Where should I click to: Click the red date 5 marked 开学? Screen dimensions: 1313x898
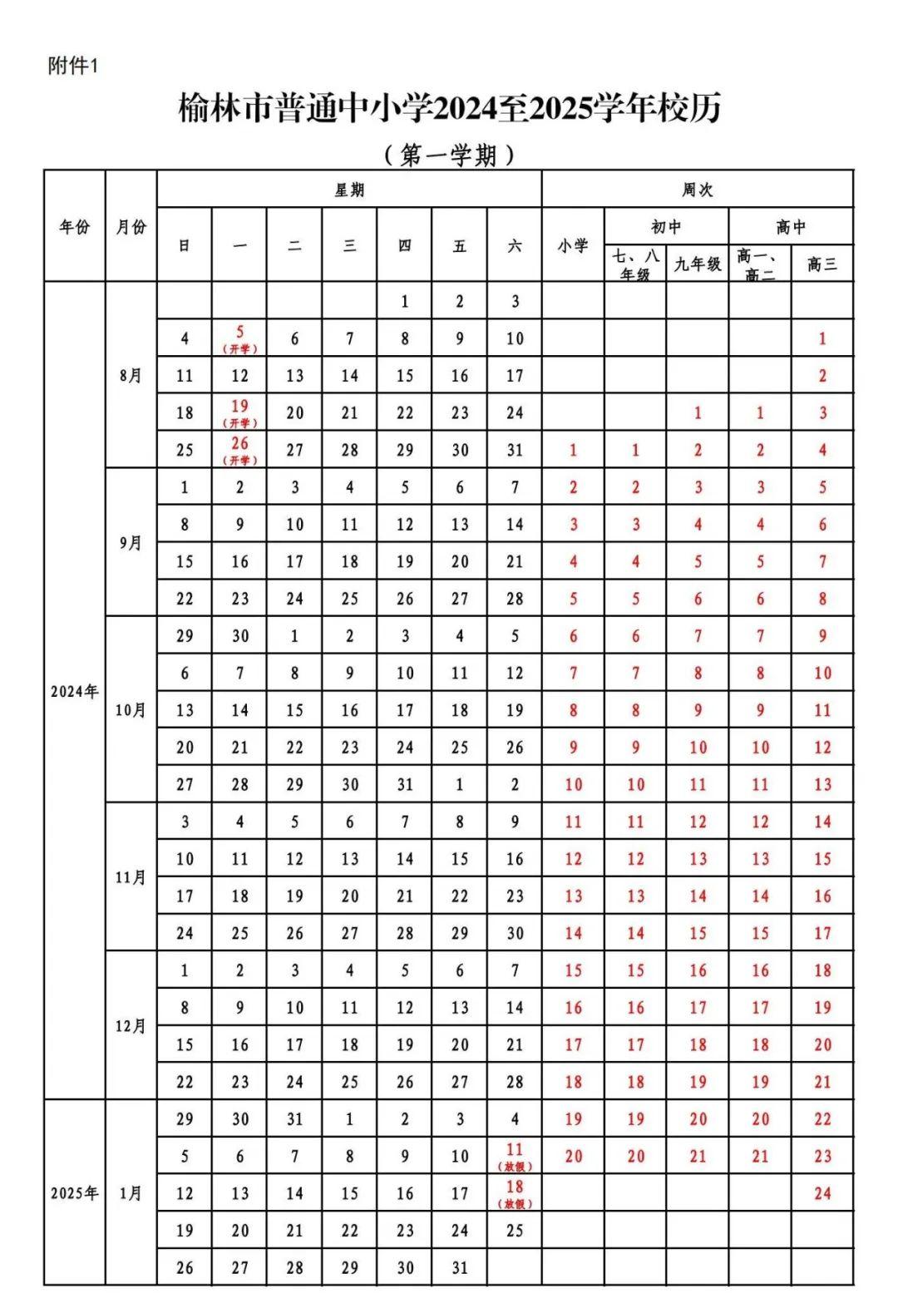239,338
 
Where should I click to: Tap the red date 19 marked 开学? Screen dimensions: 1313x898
239,412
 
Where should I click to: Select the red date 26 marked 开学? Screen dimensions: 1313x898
239,449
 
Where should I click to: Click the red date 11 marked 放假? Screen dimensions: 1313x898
515,1155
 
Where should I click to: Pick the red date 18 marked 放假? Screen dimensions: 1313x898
515,1192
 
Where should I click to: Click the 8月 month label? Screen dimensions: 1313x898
131,375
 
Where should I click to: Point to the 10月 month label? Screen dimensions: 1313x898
131,710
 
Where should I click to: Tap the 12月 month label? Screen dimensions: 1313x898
131,1026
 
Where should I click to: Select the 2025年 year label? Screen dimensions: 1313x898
74,1193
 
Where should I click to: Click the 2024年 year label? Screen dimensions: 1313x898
74,691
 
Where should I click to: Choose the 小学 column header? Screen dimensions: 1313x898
573,245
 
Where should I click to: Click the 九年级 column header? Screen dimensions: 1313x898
697,264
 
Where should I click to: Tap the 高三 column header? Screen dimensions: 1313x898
822,264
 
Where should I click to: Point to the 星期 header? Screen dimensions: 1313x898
349,190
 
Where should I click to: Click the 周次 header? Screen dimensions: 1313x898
697,190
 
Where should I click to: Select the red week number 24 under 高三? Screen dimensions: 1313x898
822,1193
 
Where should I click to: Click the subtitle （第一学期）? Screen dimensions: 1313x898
450,155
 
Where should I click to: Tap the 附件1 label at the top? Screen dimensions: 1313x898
73,67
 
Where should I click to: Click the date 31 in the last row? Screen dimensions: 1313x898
460,1267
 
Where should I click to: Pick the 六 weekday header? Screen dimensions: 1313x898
515,245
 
